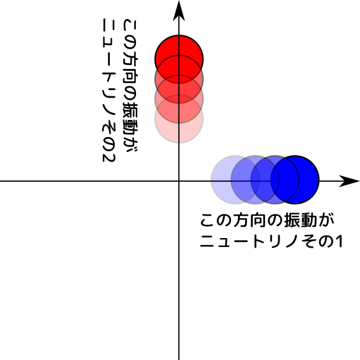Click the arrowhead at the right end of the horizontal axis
pyautogui.click(x=349, y=181)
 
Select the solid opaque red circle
pyautogui.click(x=179, y=59)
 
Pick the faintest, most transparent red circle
pyautogui.click(x=179, y=119)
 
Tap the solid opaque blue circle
pyautogui.click(x=295, y=180)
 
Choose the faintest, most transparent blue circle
pyautogui.click(x=236, y=180)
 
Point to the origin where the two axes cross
pyautogui.click(x=179, y=181)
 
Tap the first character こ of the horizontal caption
pyautogui.click(x=207, y=221)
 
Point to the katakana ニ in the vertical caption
pyautogui.click(x=109, y=26)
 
